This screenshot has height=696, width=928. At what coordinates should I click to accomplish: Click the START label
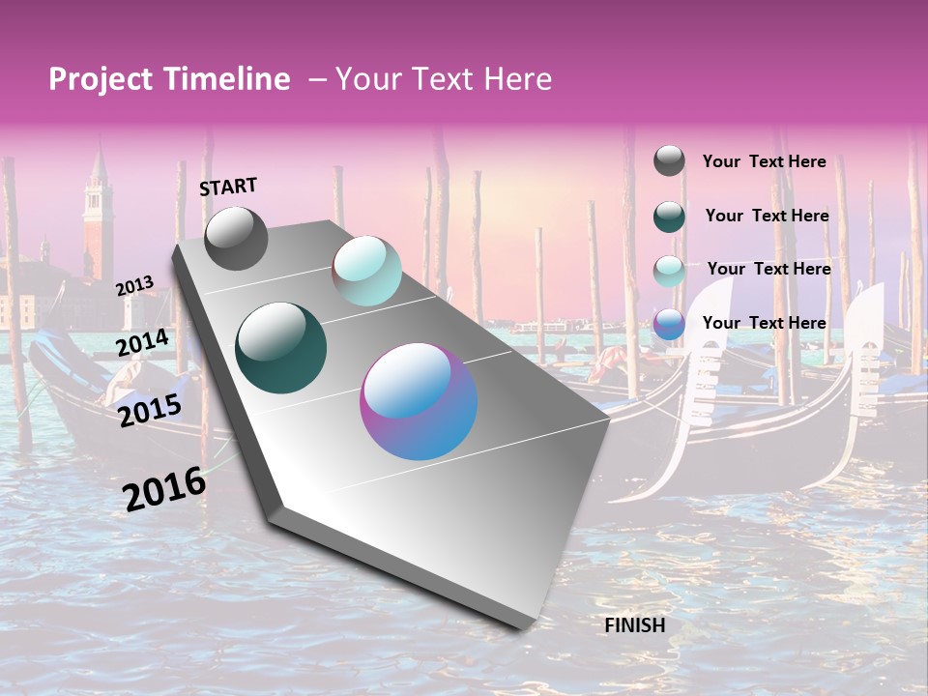(228, 187)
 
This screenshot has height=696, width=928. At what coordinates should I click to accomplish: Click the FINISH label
(635, 624)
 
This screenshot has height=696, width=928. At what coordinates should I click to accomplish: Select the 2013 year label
(134, 286)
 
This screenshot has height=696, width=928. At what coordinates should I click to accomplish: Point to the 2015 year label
(149, 411)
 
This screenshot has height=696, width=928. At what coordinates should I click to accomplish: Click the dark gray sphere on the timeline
(236, 239)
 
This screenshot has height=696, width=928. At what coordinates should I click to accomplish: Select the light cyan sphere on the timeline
(366, 271)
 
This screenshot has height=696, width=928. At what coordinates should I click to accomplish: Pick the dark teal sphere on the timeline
(280, 348)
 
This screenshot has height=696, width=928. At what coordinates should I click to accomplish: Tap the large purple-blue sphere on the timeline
(419, 401)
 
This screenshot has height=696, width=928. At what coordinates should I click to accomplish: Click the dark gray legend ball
(669, 160)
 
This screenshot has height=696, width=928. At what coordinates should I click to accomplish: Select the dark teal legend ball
(669, 216)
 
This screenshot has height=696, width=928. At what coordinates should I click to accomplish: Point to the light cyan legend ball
(669, 270)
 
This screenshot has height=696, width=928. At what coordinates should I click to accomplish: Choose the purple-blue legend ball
(669, 324)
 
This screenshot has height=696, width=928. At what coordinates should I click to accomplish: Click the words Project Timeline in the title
(169, 79)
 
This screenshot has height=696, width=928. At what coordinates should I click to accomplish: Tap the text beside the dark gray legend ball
(764, 161)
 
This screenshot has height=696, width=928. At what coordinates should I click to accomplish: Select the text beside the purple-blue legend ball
(764, 323)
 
